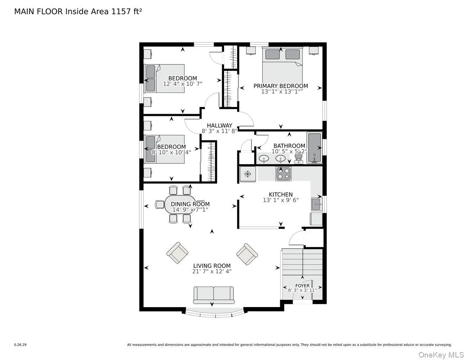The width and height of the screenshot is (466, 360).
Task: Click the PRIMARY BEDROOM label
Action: [281, 86]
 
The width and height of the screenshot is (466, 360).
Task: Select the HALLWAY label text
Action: [219, 125]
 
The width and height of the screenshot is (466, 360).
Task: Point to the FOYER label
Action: [302, 286]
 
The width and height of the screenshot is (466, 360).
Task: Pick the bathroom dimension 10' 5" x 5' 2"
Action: [289, 152]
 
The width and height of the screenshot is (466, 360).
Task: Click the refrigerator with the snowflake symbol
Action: [248, 174]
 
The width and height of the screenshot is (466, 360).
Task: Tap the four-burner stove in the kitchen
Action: [283, 174]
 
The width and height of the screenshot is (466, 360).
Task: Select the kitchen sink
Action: [317, 204]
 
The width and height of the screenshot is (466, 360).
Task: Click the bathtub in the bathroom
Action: [314, 148]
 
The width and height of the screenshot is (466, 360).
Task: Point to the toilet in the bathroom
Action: [299, 158]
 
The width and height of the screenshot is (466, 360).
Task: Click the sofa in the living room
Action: [213, 295]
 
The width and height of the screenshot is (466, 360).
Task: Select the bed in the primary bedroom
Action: [282, 67]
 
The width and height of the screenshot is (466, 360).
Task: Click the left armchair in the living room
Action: [177, 253]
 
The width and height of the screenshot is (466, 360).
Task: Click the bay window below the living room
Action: [215, 313]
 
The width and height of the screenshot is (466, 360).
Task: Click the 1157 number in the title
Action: [120, 11]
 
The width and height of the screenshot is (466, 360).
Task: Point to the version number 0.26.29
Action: [20, 345]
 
